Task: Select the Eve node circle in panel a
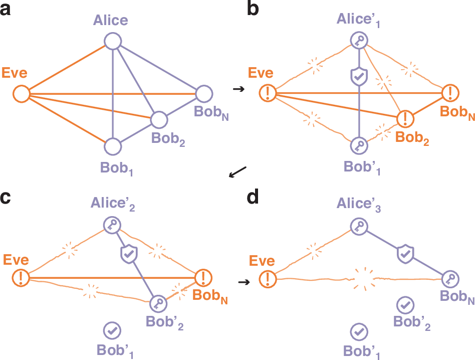(x=21, y=93)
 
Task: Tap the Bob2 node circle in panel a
(x=159, y=119)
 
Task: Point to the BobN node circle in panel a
(x=203, y=93)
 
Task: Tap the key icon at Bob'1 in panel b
(x=359, y=146)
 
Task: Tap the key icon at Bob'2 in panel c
(x=159, y=303)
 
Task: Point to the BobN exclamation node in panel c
(x=203, y=276)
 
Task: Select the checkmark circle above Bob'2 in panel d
(x=404, y=304)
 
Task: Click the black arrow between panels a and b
(x=239, y=89)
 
